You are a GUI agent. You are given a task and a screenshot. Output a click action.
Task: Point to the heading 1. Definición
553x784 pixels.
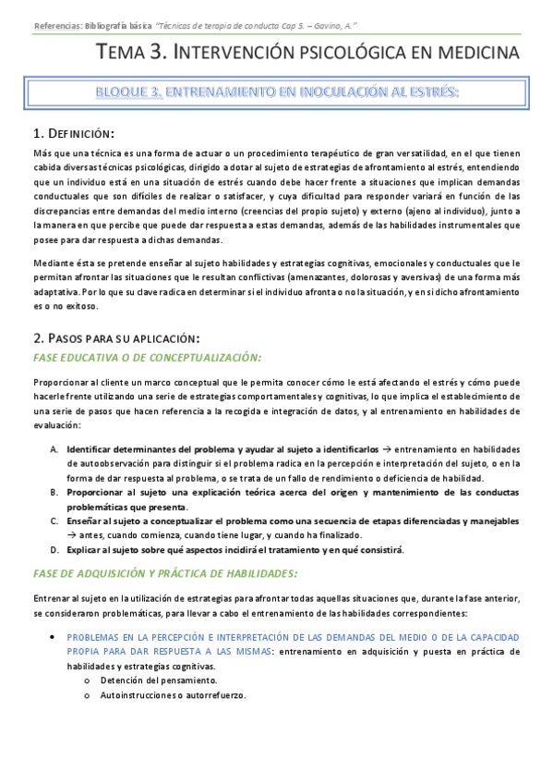[74, 134]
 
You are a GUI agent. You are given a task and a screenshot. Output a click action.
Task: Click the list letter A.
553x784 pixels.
[54, 448]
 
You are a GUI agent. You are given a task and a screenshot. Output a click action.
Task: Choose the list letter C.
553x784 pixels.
[54, 521]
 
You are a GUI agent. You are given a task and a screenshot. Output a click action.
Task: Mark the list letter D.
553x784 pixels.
[54, 550]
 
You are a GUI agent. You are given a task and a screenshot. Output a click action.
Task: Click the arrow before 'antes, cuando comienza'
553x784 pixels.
[72, 535]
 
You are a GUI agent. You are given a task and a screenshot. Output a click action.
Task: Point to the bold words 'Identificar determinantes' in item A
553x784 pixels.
[124, 448]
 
